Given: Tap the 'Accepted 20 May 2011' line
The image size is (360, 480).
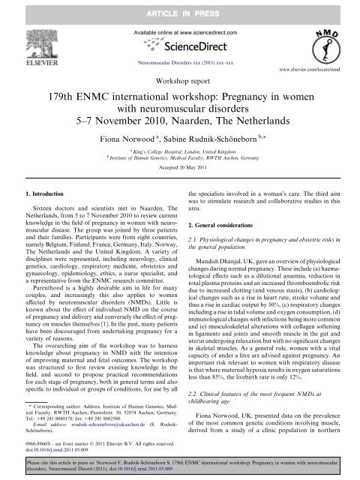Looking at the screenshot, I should click(180, 169).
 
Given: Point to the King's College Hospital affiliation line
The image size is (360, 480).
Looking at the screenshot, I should click(181, 151).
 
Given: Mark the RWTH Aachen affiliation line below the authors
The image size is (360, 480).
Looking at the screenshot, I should click(181, 159).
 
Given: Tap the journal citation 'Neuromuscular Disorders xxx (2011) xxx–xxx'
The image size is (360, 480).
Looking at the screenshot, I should click(180, 65).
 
